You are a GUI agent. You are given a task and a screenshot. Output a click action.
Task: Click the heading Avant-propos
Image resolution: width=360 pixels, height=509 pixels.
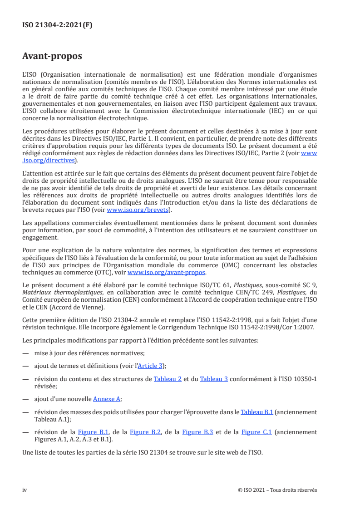coord(52,57)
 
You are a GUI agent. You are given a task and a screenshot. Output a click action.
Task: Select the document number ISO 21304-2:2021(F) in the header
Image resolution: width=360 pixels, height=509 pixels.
coord(57,25)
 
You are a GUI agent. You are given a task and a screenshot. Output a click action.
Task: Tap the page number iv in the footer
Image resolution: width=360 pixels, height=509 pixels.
coord(25,490)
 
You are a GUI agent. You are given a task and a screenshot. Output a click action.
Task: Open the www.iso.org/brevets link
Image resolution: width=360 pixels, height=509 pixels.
coord(138,210)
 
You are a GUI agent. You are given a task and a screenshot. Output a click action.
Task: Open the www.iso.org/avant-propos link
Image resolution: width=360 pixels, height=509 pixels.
coord(167,272)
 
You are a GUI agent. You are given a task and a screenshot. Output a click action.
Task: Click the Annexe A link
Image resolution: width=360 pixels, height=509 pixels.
coord(107,399)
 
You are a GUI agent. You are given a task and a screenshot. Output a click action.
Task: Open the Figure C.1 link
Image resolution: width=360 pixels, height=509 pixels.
coord(256,432)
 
